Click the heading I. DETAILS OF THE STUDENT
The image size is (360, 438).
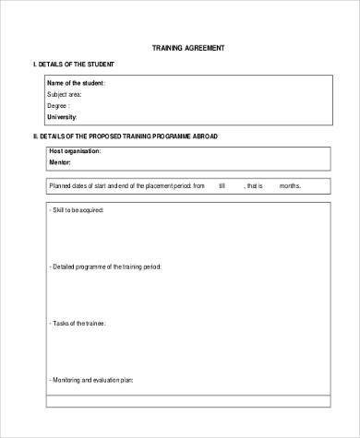(x=73, y=65)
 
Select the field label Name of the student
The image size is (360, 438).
(x=76, y=84)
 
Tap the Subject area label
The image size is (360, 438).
(x=65, y=95)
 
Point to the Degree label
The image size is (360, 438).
(x=59, y=106)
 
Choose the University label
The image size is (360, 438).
(x=62, y=117)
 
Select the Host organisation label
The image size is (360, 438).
(x=76, y=150)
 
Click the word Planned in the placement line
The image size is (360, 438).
(x=59, y=185)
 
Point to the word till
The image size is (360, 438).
(x=222, y=185)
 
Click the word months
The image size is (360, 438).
(x=290, y=185)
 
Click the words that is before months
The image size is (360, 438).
(x=256, y=185)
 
